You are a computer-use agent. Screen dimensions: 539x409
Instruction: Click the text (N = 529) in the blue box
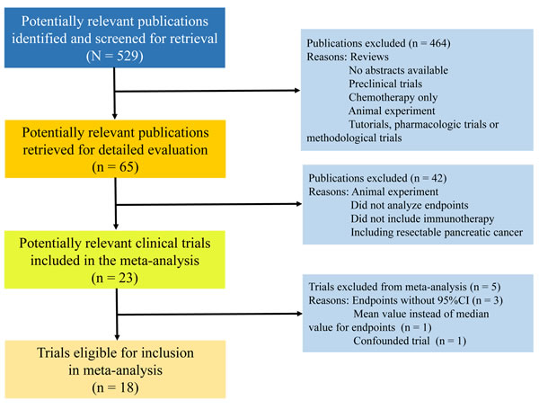[x=114, y=56]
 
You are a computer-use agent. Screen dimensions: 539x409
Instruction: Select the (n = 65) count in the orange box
[x=115, y=167]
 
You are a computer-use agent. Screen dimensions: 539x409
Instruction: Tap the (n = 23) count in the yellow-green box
[x=115, y=278]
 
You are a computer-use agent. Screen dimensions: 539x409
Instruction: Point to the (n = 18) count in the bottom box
[x=115, y=387]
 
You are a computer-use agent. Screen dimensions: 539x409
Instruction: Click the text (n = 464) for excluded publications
[x=429, y=43]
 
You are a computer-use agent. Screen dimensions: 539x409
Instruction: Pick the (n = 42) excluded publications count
[x=429, y=178]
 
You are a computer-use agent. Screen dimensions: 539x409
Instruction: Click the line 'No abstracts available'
[x=398, y=70]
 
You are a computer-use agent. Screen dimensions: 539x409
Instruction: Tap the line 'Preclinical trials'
[x=385, y=84]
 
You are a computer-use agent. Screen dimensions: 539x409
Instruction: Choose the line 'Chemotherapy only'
[x=393, y=97]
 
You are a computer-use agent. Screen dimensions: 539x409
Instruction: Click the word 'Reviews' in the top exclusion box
[x=369, y=57]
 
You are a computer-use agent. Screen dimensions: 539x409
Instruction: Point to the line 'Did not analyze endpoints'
[x=410, y=205]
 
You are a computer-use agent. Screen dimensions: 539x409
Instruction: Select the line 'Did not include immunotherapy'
[x=422, y=218]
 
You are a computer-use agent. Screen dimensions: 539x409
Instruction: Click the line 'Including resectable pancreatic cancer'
[x=437, y=232]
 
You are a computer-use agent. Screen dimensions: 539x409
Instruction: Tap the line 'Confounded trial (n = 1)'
[x=410, y=341]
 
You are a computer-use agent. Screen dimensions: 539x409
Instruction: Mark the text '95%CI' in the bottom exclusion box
[x=453, y=300]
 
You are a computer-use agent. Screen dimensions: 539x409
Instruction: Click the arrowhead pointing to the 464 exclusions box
[x=297, y=91]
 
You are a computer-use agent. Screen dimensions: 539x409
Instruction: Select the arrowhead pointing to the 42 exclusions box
[x=299, y=204]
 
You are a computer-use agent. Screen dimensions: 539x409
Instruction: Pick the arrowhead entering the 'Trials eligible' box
[x=117, y=337]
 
